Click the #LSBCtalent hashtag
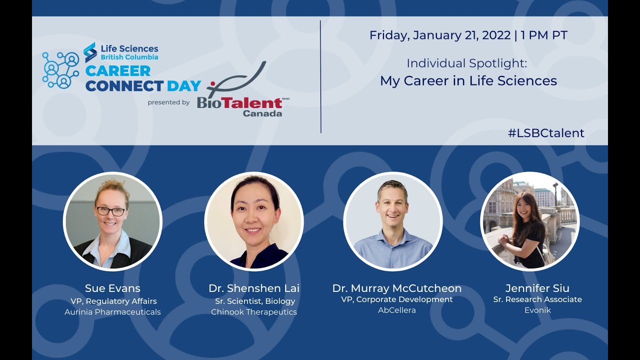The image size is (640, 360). pos(546,133)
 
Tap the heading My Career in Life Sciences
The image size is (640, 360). pos(468,81)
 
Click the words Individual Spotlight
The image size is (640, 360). pos(466,63)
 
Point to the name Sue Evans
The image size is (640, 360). pos(112,288)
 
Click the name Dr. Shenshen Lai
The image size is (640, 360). pos(254,288)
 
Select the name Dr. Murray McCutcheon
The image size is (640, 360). pos(397,288)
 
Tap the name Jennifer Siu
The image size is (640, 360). pos(537,288)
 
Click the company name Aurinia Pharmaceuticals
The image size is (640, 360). pos(112,312)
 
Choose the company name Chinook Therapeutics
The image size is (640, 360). pos(254,312)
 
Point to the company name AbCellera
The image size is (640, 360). pos(397,310)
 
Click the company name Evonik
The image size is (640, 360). pos(537,310)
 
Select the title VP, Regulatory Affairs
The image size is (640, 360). pos(113,301)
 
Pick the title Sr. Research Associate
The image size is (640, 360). pos(537,299)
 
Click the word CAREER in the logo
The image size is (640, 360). pos(118,71)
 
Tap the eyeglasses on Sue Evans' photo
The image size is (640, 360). pos(111,211)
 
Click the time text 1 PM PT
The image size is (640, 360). pos(544,35)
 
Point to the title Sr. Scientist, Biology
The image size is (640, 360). pos(255,301)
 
